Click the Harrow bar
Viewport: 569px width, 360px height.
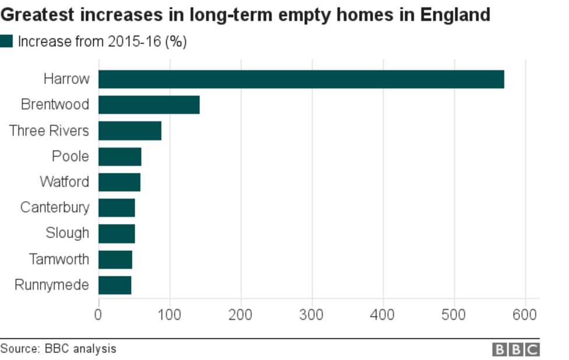(301, 79)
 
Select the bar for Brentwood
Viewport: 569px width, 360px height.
(149, 105)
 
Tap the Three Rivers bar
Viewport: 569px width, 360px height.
(129, 131)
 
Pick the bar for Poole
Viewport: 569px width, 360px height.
(120, 156)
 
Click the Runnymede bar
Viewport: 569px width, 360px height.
(114, 285)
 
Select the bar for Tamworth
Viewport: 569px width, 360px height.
(115, 259)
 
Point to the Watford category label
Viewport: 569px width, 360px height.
(64, 181)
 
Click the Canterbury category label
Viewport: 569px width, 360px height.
(55, 207)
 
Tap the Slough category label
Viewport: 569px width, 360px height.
(67, 233)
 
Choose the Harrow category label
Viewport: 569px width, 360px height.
(66, 79)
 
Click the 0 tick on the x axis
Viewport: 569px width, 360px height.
(98, 314)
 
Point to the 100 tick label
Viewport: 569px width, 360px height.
(169, 314)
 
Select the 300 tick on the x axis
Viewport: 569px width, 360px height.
(312, 314)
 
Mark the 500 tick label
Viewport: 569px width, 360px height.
(454, 314)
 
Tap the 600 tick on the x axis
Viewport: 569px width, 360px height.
(525, 314)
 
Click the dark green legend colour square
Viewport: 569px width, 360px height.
(6, 41)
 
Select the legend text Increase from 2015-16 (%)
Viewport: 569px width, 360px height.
(102, 42)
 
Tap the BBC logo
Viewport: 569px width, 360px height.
(516, 349)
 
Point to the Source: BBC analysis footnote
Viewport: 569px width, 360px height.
(58, 349)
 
